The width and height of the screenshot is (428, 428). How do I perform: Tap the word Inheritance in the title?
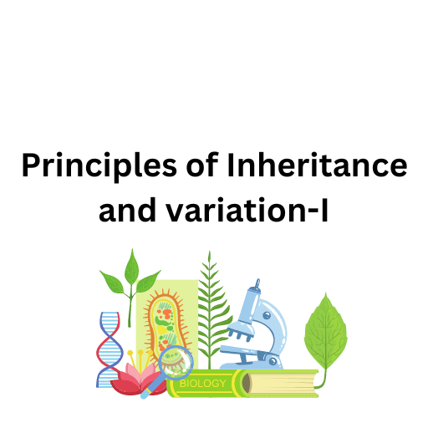[x=317, y=167]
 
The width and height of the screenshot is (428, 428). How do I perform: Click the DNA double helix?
[x=109, y=348]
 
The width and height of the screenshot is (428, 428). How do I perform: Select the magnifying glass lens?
[x=176, y=360]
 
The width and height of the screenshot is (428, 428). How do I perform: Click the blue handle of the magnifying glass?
[x=150, y=389]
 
